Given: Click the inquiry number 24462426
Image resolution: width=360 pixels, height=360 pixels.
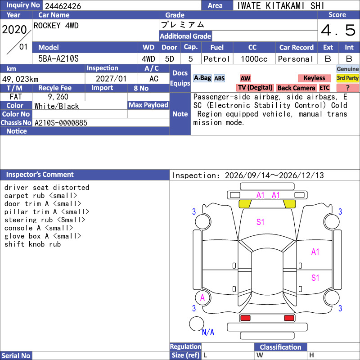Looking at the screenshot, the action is click(63, 6).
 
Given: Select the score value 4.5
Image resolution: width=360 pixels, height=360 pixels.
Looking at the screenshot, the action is click(338, 30).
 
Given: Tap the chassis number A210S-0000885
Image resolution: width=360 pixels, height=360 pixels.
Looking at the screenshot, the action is click(61, 123).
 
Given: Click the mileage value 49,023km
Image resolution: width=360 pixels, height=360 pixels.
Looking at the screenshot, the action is click(20, 79).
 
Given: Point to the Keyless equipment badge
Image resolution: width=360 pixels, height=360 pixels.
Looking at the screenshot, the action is click(314, 78).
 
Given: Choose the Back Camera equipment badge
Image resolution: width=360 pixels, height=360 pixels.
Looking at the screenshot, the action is click(296, 88).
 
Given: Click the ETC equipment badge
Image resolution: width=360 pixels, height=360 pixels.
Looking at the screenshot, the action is click(324, 88).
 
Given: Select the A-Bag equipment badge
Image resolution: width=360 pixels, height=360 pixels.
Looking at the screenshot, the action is click(202, 78).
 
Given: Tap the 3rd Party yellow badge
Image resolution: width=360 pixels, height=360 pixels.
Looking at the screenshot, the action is click(347, 78).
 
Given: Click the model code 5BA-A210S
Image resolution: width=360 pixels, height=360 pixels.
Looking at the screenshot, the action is click(58, 59).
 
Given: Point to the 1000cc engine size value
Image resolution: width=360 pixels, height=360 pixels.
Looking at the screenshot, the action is click(254, 59).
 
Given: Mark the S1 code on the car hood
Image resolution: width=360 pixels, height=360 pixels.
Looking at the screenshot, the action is click(261, 222).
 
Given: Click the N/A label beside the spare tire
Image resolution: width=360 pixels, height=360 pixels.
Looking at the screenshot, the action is click(208, 332).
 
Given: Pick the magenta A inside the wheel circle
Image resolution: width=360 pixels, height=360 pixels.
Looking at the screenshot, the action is click(202, 298).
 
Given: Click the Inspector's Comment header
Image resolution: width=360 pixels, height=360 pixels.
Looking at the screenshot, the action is click(40, 175).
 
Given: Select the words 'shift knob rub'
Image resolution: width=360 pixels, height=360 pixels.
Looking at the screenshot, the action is click(32, 244).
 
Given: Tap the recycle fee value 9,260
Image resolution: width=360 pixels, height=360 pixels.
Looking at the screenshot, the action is click(58, 97).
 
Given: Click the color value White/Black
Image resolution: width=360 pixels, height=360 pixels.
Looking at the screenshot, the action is click(57, 106).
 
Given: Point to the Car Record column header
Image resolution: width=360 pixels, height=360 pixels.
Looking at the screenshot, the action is click(297, 48).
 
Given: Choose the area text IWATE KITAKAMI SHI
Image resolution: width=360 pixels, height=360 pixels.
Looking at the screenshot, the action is click(280, 6).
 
